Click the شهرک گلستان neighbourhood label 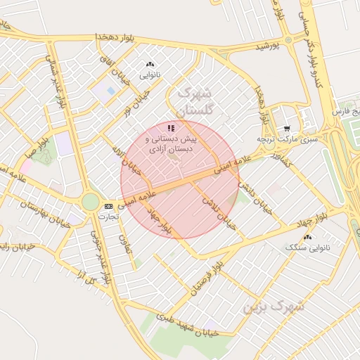click(x=195, y=101)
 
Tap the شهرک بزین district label click(x=274, y=307)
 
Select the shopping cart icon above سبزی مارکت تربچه click(x=288, y=129)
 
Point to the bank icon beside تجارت click(x=108, y=206)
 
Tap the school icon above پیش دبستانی click(x=171, y=128)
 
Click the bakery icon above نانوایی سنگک click(x=307, y=237)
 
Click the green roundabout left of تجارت click(x=91, y=202)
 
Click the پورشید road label click(x=266, y=46)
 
